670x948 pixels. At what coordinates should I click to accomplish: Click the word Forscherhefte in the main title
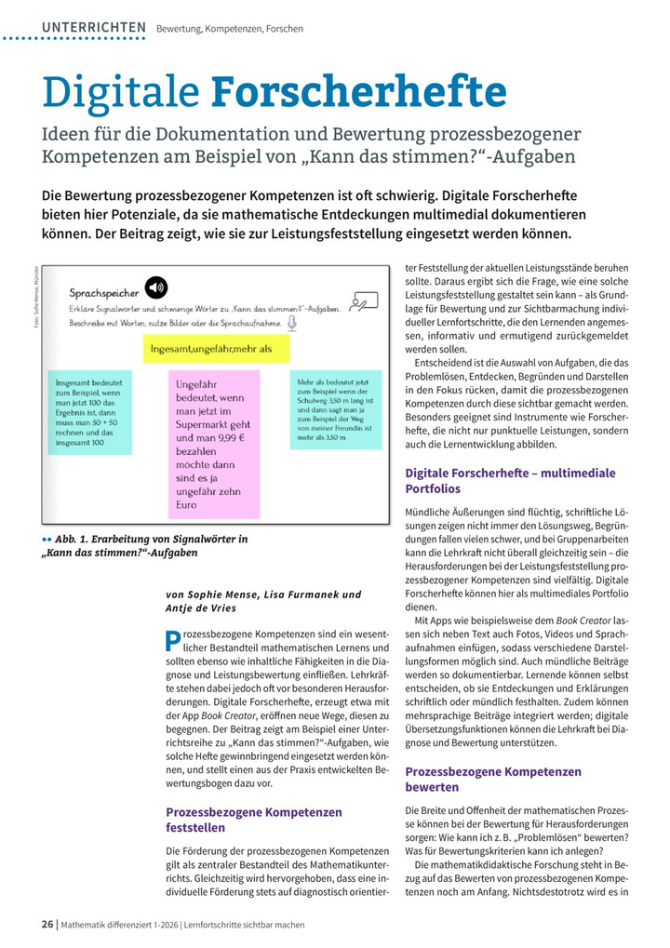click(359, 93)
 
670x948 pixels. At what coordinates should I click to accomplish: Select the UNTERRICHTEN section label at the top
click(94, 28)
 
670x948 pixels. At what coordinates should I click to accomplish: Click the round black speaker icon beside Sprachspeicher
click(155, 286)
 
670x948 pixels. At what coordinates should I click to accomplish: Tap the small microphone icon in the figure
click(291, 323)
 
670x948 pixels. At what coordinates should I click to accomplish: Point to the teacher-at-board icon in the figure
click(366, 300)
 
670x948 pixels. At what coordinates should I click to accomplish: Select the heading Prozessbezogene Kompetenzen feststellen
click(253, 819)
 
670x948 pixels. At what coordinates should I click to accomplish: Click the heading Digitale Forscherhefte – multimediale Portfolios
click(510, 480)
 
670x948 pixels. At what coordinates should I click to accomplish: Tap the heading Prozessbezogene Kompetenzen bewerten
click(493, 779)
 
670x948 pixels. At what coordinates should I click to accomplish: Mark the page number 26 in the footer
click(47, 925)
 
